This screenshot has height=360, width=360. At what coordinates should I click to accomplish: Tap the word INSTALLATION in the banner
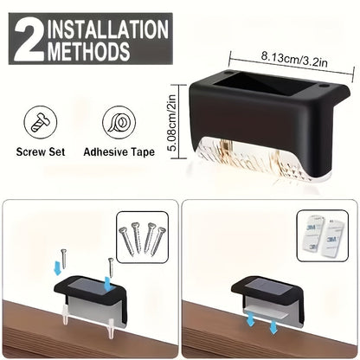(x=108, y=29)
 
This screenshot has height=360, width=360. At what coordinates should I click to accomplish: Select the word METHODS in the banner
(x=89, y=51)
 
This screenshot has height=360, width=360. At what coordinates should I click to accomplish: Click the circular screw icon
(x=41, y=123)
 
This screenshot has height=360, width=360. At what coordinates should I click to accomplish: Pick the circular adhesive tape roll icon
(x=119, y=123)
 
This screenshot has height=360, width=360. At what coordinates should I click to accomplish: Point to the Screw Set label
(x=41, y=152)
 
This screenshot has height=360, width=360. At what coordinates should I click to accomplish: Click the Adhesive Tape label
(x=119, y=152)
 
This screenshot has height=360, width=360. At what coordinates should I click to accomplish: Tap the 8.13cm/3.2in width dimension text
(x=294, y=59)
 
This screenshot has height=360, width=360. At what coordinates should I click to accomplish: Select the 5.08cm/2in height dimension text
(x=172, y=123)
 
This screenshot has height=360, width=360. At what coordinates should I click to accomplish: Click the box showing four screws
(x=142, y=237)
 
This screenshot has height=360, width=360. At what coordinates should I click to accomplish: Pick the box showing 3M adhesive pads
(x=323, y=235)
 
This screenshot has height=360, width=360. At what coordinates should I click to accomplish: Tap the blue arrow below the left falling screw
(x=58, y=267)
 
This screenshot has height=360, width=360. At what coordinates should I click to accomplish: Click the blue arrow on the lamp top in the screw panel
(x=107, y=285)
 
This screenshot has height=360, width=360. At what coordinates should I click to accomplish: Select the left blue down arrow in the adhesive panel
(x=249, y=320)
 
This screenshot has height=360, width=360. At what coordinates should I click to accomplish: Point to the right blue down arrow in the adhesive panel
(x=273, y=328)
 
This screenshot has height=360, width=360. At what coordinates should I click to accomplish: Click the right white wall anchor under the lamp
(x=111, y=328)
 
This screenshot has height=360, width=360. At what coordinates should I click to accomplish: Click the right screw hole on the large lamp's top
(x=324, y=87)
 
